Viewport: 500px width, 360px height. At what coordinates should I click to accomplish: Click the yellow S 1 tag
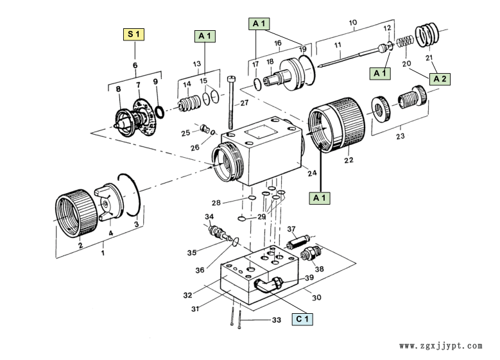[134, 35]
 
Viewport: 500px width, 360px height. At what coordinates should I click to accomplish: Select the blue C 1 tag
[302, 319]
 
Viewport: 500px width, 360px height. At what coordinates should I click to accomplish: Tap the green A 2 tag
[440, 79]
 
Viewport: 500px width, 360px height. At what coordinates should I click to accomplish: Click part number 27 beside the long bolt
[245, 103]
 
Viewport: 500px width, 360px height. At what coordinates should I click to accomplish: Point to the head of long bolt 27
[231, 79]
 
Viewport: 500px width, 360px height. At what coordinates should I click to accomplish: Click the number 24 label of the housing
[312, 173]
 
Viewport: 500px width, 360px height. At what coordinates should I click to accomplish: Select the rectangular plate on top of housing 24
[259, 132]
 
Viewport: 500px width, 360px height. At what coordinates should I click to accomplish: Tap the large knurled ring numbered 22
[337, 125]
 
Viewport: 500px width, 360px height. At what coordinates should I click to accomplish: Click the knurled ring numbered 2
[76, 213]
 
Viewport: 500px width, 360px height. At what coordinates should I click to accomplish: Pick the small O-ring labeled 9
[159, 112]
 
